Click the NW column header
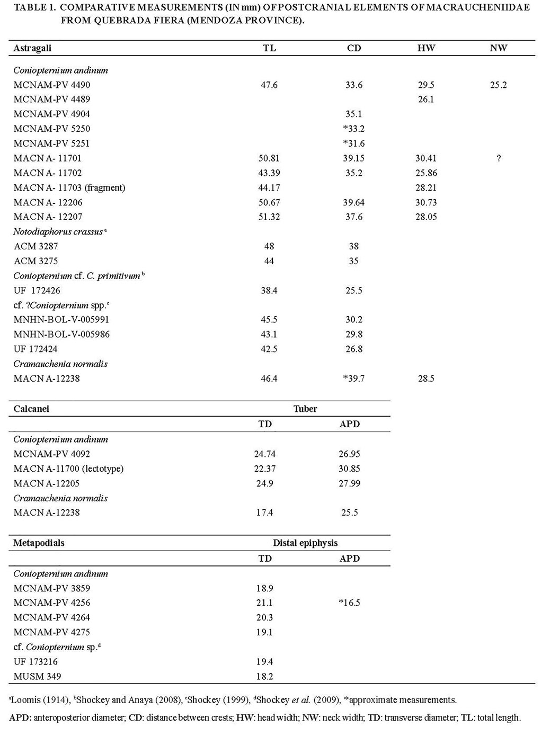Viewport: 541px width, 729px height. point(498,48)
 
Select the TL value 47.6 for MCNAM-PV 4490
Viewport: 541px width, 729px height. point(269,85)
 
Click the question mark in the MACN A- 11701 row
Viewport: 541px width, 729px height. point(498,158)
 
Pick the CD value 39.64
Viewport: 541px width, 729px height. point(353,202)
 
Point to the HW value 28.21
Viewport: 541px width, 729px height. point(426,187)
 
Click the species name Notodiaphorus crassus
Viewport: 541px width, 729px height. point(58,232)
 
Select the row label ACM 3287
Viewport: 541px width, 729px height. point(36,246)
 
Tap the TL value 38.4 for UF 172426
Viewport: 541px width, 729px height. point(269,290)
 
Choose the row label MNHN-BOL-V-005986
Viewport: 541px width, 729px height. point(61,334)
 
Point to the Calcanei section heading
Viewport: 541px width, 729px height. point(31,409)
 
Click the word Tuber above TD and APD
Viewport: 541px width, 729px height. point(306,409)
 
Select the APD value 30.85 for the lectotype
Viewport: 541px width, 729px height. point(349,469)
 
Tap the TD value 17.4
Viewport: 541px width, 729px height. point(265,512)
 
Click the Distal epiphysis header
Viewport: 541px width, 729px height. point(305,543)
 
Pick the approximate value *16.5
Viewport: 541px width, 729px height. point(349,602)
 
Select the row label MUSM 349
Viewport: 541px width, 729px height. point(37,676)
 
